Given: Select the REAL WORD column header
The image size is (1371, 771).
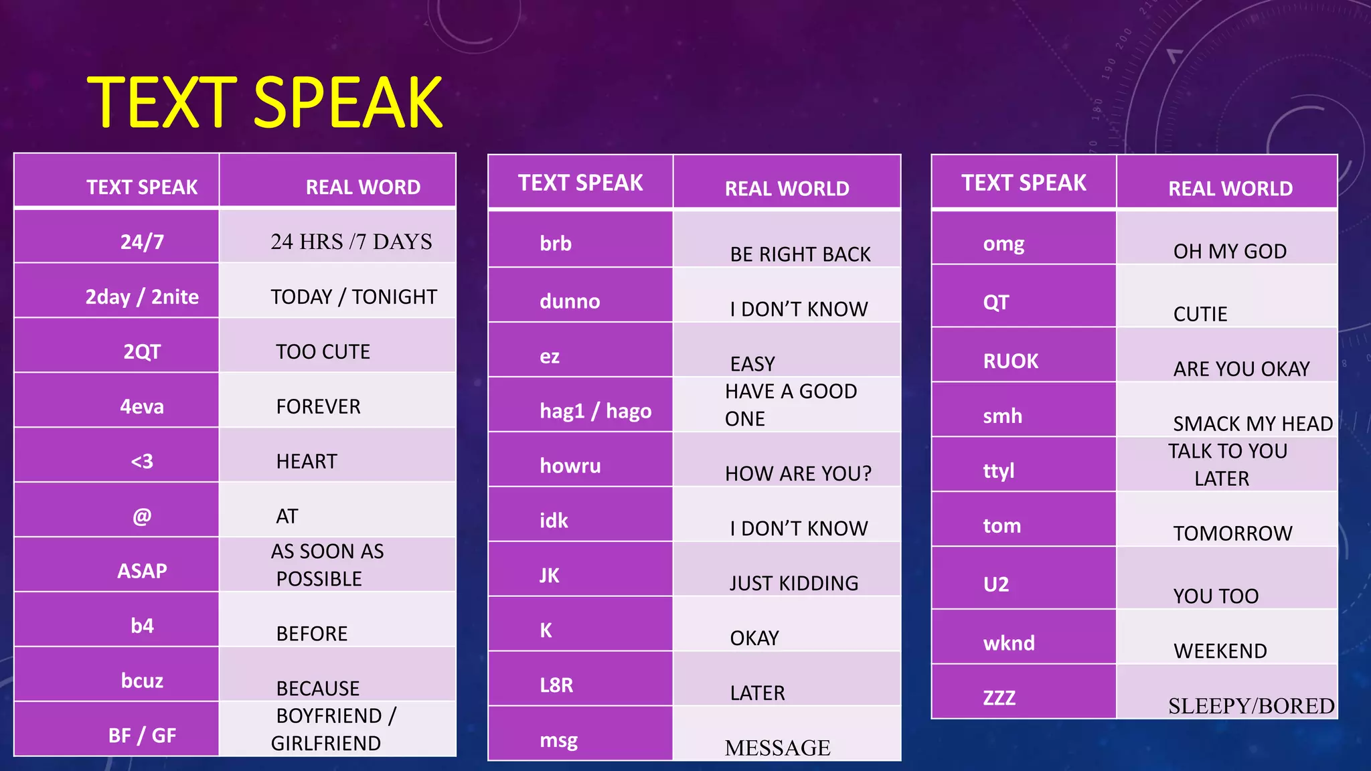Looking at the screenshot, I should coord(363,187).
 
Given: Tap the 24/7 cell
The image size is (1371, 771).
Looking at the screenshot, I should coord(142,242).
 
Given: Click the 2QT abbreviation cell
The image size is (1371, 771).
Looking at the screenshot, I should coord(142,351).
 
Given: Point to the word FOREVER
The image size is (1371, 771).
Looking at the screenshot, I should coord(318,406).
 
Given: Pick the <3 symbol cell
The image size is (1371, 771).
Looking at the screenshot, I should coord(142,461).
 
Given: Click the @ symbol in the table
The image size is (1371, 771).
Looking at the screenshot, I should coord(142,516).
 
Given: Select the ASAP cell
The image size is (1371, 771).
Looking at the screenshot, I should coord(142,571).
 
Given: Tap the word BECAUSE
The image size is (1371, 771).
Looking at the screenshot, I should coord(318,688).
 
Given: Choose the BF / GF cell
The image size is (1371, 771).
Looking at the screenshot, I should coord(142,736).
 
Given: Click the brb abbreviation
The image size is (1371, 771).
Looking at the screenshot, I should coord(556,244).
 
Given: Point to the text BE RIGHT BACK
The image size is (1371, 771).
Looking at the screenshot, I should coord(800,254).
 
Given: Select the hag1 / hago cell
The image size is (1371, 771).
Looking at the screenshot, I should coord(595,411).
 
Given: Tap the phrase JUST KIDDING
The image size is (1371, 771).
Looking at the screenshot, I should coord(794,583).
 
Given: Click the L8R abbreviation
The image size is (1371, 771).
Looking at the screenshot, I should coord(556,685).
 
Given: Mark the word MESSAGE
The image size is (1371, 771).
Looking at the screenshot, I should coord(777,748).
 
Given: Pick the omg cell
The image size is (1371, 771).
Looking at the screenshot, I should coord(1003,244).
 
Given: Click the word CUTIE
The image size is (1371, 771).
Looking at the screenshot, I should coord(1200,314).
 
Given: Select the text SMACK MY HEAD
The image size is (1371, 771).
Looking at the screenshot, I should coord(1253,424).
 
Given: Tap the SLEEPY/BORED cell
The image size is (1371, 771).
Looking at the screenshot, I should coord(1251,705).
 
